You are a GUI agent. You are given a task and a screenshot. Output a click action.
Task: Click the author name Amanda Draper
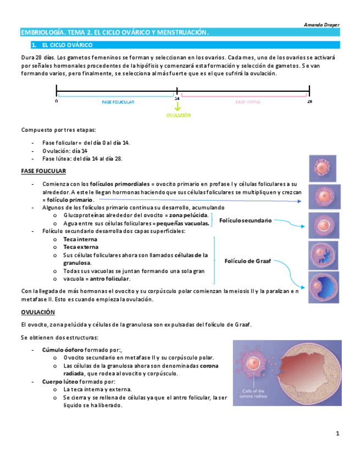click(x=322, y=25)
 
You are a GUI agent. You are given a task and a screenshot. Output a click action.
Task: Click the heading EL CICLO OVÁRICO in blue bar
click(x=67, y=45)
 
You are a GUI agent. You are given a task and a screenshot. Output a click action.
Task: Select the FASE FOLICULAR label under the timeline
click(x=118, y=102)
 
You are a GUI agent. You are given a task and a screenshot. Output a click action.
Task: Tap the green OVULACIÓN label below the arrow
click(x=178, y=115)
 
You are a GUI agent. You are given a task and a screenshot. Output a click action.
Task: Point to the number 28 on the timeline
click(x=309, y=102)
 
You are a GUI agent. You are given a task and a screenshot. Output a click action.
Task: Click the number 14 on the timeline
click(x=177, y=99)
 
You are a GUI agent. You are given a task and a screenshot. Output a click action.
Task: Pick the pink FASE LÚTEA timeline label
click(x=248, y=102)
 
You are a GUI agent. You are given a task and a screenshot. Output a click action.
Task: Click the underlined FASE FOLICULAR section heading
click(x=43, y=171)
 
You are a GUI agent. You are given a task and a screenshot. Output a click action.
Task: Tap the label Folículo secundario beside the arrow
click(x=245, y=220)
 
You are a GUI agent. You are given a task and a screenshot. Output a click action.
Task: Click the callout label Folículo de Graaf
click(x=248, y=261)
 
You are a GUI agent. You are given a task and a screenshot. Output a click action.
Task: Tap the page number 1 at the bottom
click(x=338, y=434)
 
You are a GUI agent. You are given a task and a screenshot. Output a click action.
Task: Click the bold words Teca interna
click(x=80, y=240)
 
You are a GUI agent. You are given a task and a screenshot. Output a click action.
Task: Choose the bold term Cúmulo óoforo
click(x=59, y=349)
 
